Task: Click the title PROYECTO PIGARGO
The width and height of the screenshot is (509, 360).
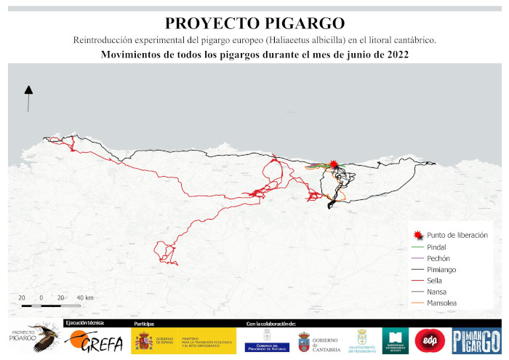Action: click(x=254, y=23)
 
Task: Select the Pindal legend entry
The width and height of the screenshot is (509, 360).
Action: click(x=437, y=247)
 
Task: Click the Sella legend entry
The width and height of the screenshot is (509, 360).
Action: click(x=435, y=280)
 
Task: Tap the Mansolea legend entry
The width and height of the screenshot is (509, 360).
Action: click(x=443, y=302)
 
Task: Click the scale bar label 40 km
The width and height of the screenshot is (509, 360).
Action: click(x=84, y=298)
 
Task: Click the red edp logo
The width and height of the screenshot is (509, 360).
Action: click(x=429, y=340)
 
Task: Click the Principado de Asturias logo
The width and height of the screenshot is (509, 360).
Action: click(x=266, y=340)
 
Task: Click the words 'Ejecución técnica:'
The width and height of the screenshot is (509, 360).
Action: click(x=84, y=322)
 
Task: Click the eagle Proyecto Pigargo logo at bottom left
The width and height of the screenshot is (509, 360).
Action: click(x=33, y=338)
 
